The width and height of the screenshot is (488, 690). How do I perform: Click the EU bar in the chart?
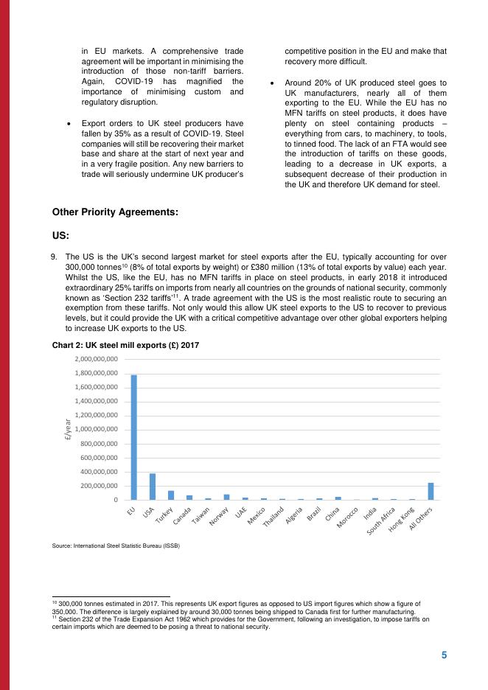134,437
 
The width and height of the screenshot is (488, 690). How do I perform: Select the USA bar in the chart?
153,487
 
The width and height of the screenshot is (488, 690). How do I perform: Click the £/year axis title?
67,429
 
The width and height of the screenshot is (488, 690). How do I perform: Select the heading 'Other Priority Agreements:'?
115,212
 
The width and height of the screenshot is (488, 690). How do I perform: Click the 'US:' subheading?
60,236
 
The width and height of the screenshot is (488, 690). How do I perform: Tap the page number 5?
444,655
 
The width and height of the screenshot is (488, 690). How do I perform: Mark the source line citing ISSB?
116,546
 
